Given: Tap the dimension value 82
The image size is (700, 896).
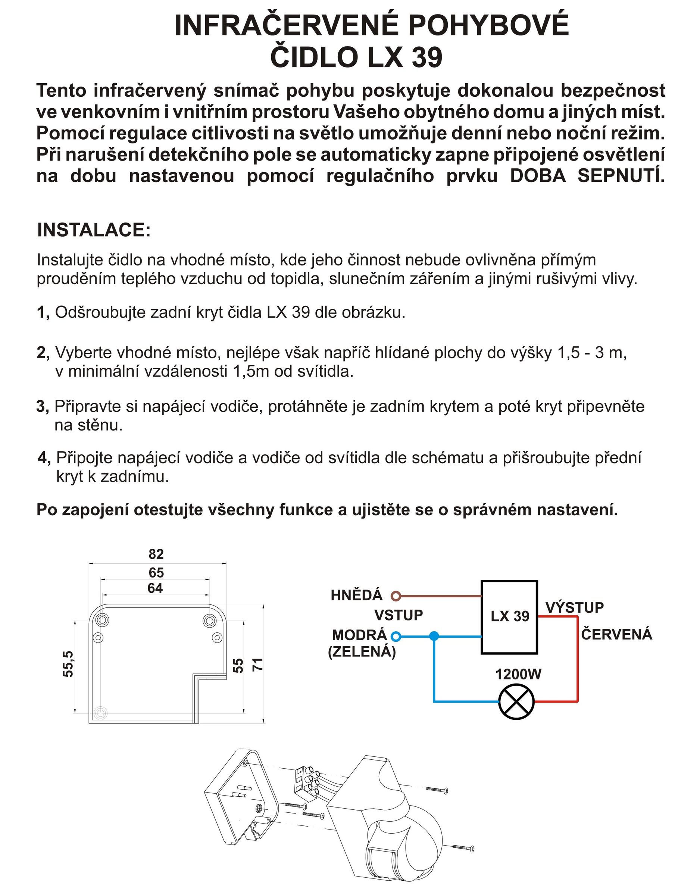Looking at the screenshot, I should [156, 554].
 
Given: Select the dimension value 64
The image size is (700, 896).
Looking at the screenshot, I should [156, 588].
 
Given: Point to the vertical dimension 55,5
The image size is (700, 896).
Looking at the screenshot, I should [68, 664].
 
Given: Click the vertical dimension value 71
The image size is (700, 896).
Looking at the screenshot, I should [257, 664].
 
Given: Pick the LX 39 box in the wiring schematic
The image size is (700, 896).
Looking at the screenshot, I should [509, 617].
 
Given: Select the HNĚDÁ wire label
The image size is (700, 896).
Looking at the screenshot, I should [356, 595].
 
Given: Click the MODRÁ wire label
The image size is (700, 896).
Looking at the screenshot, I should [359, 635].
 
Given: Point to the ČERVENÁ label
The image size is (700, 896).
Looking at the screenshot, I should [616, 635].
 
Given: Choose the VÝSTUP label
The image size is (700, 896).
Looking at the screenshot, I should [575, 607].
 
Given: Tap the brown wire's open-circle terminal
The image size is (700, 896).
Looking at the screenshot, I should [395, 596].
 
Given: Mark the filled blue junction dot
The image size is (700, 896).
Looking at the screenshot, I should [434, 636].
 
